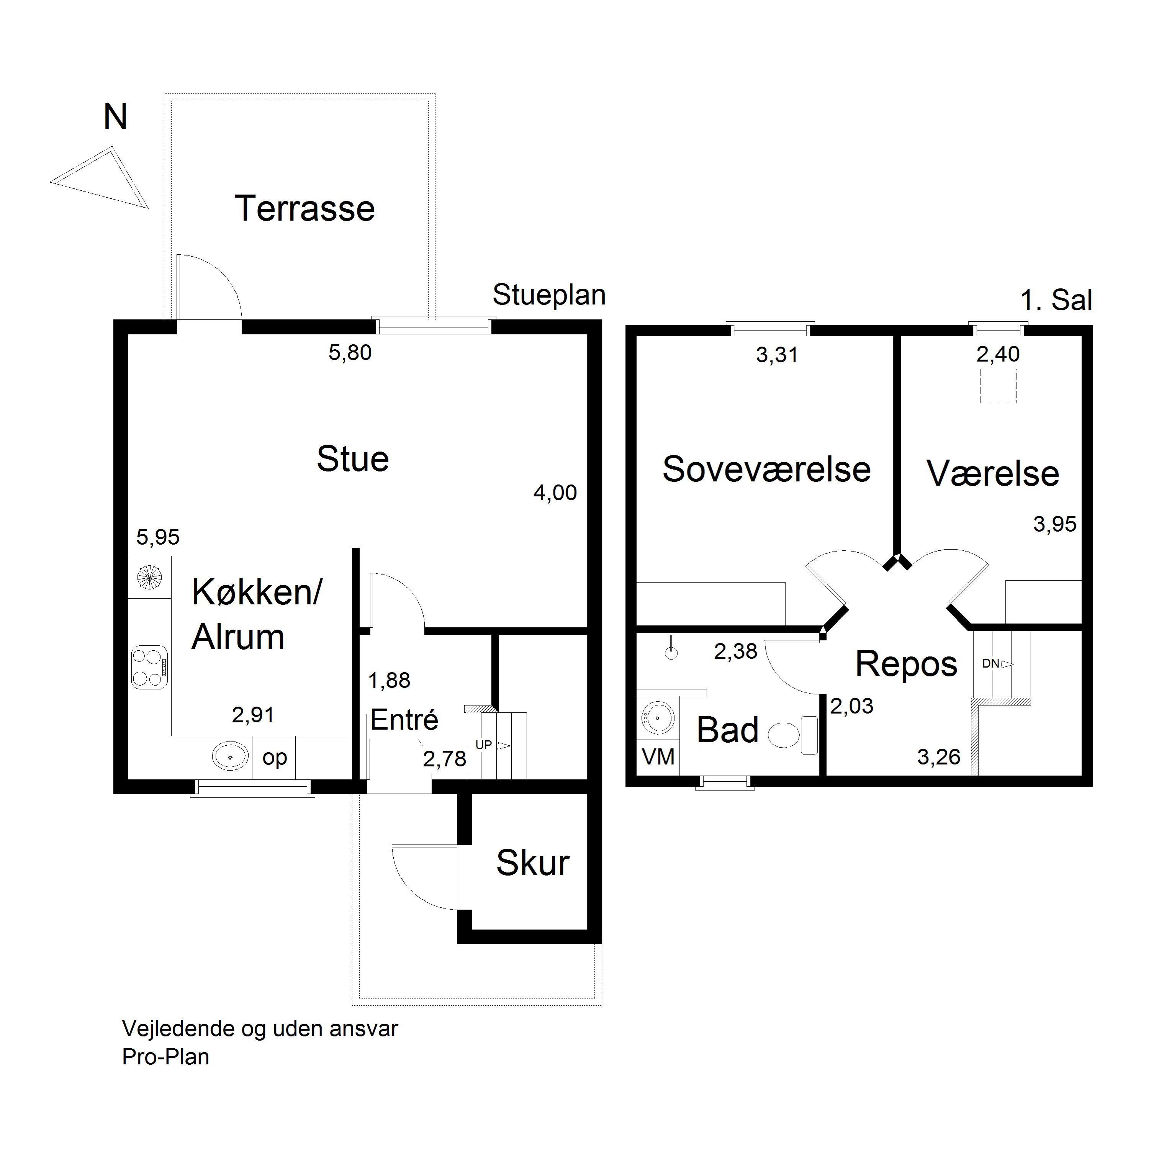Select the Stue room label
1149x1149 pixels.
pyautogui.click(x=353, y=459)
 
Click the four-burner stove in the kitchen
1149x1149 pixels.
pyautogui.click(x=149, y=667)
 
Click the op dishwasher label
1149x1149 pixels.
pyautogui.click(x=275, y=758)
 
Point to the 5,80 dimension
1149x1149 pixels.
pyautogui.click(x=350, y=353)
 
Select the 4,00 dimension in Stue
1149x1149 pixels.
pyautogui.click(x=555, y=493)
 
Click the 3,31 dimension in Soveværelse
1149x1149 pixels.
pyautogui.click(x=777, y=355)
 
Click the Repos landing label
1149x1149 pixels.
pyautogui.click(x=906, y=664)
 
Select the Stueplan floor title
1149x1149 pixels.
pyautogui.click(x=549, y=295)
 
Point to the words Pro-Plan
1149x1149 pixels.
pyautogui.click(x=166, y=1057)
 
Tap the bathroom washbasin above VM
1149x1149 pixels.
pyautogui.click(x=658, y=717)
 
